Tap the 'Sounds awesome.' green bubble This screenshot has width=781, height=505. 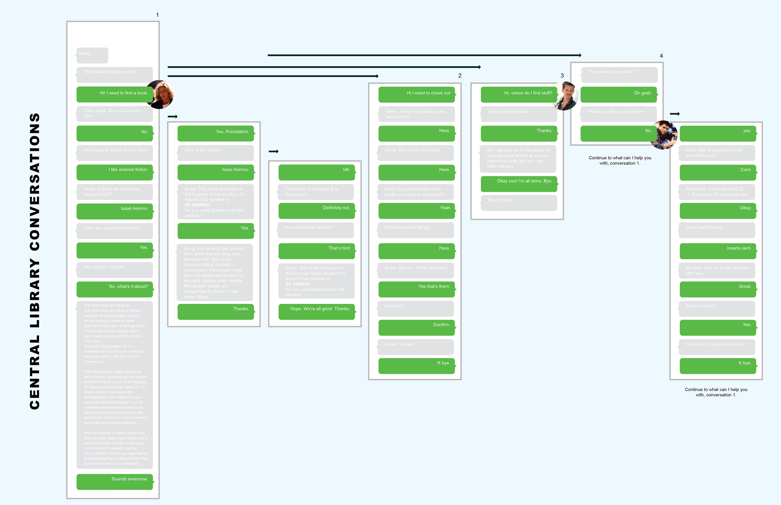click(x=115, y=481)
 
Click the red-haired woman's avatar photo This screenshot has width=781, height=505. click(x=160, y=94)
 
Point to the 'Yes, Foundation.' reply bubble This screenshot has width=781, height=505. click(x=216, y=133)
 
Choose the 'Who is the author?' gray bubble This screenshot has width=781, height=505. click(x=216, y=152)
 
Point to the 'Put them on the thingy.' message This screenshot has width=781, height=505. click(x=416, y=230)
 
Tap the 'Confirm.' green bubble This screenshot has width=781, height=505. click(x=416, y=327)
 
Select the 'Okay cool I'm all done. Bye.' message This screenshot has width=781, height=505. click(x=519, y=184)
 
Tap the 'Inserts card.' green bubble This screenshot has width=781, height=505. click(x=718, y=251)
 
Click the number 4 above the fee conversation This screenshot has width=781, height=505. click(x=661, y=56)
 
